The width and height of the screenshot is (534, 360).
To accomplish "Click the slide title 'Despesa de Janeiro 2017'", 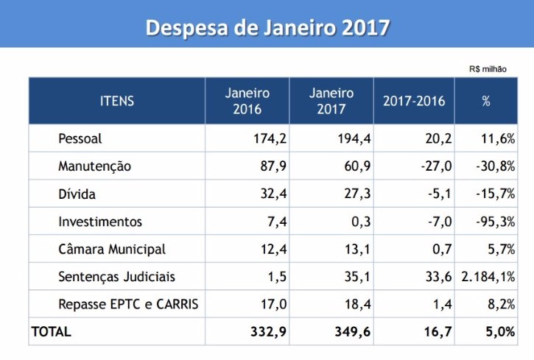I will (267, 27).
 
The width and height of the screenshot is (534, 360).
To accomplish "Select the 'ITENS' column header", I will (117, 102).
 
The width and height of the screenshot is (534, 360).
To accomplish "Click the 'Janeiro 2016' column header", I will (247, 102).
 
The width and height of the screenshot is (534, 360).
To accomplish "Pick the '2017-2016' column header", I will (414, 102).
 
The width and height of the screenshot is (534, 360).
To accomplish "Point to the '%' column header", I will (486, 102).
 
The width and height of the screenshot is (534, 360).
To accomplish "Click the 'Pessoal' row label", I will (80, 138).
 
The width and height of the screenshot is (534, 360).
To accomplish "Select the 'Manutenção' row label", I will (94, 166).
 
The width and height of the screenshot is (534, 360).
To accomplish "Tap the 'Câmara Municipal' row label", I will (112, 250).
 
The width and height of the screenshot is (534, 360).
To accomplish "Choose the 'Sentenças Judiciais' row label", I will (117, 277).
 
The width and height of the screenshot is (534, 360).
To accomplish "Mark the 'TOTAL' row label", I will (51, 332).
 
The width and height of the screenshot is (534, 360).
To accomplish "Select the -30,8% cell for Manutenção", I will (494, 166).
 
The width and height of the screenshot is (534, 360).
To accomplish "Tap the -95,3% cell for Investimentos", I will (494, 222).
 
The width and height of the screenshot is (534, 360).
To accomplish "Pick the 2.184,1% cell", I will (488, 277).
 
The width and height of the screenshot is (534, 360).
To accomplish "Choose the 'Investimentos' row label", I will (100, 222).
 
